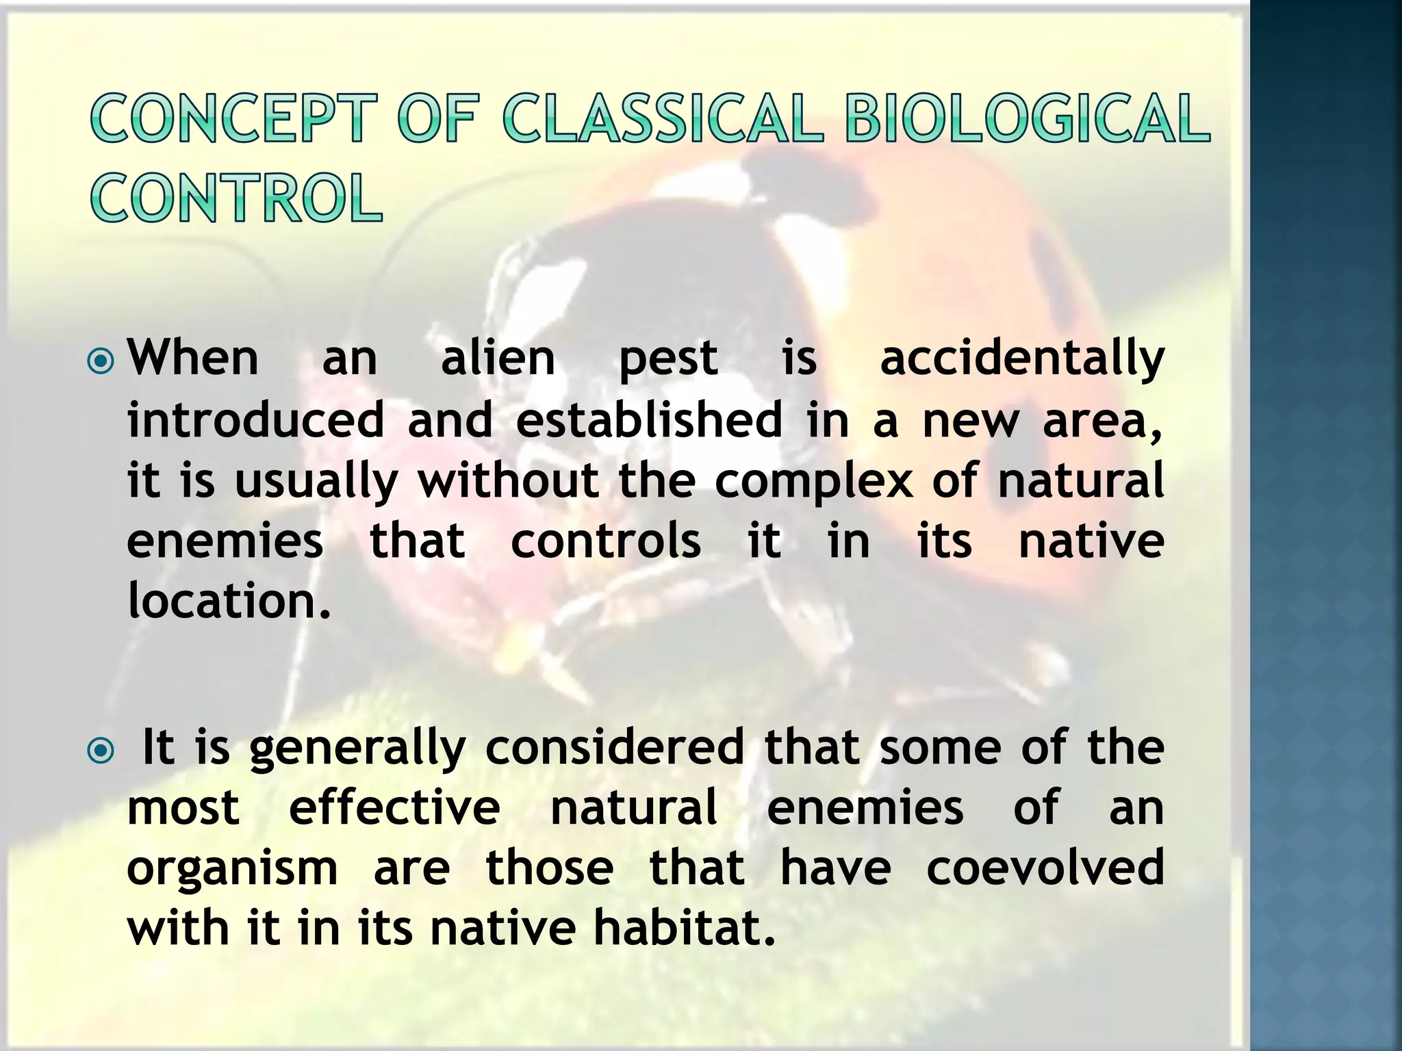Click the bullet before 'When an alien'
101,361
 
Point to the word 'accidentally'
1021,359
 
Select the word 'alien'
498,359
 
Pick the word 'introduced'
255,420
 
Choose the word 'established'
648,420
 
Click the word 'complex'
813,482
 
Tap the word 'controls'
605,541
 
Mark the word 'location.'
229,601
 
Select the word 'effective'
394,808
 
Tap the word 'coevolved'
1045,868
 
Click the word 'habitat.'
684,929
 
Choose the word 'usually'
316,482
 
